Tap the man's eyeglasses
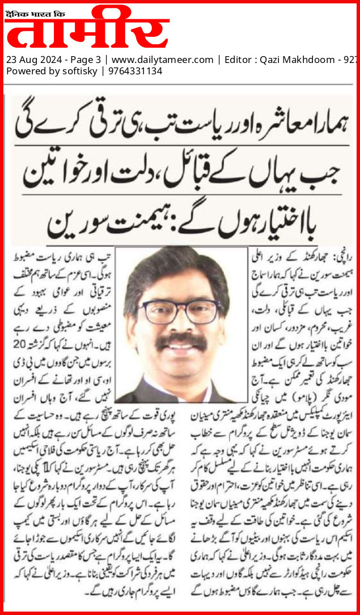coord(181,311)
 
